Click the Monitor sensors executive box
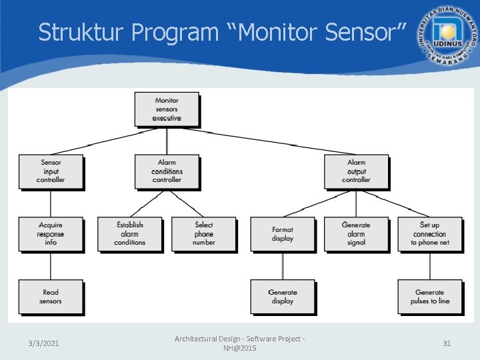click(x=167, y=109)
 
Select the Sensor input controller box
click(x=51, y=171)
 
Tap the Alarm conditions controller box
click(x=167, y=171)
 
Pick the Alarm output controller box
click(x=356, y=171)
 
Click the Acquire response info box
click(x=51, y=234)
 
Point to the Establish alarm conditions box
click(x=129, y=234)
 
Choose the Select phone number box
click(x=204, y=234)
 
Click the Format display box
click(x=283, y=234)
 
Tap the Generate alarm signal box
click(x=356, y=234)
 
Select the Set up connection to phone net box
click(x=429, y=234)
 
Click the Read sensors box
click(x=51, y=297)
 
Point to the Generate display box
click(x=283, y=297)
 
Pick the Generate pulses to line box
click(x=429, y=297)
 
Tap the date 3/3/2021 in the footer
click(x=43, y=343)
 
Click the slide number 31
click(x=447, y=343)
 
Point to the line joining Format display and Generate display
click(x=283, y=265)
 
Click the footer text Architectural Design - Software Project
click(x=239, y=339)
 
